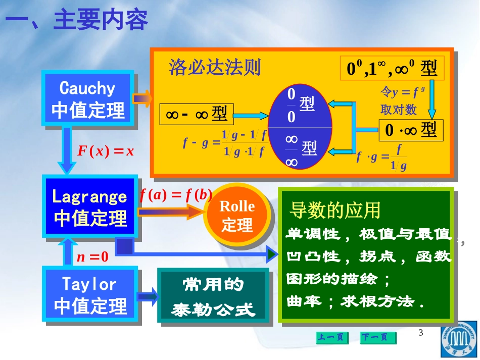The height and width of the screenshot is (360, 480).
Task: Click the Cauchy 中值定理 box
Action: [x=88, y=98]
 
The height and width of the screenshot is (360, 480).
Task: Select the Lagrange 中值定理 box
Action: [x=90, y=207]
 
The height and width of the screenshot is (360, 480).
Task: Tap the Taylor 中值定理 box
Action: [x=90, y=294]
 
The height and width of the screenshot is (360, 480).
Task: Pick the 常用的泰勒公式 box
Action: [x=213, y=295]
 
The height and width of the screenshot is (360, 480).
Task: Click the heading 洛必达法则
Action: [x=215, y=67]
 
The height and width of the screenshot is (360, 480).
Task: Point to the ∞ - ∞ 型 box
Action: [x=197, y=115]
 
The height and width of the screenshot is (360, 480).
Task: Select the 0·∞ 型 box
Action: [x=411, y=130]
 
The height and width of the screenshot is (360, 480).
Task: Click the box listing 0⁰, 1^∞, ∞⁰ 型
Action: [x=392, y=68]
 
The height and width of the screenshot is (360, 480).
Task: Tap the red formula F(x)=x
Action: [x=105, y=151]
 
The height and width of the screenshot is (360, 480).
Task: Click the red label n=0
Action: [x=92, y=256]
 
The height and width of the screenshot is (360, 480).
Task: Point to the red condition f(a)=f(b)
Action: [x=176, y=195]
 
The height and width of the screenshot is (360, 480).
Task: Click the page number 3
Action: [x=420, y=332]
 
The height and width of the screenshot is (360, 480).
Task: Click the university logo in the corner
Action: [x=459, y=339]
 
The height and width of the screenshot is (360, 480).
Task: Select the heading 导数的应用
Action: [x=334, y=210]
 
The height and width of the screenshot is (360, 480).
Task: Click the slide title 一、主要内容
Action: [x=76, y=20]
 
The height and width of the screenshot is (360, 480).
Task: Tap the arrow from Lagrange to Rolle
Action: [x=171, y=212]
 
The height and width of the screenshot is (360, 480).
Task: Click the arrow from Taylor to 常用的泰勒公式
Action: [x=148, y=296]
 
